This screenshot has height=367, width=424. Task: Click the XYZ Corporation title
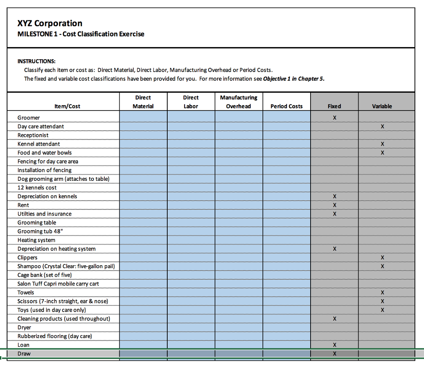coord(50,24)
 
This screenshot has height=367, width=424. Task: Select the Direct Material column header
coord(143,102)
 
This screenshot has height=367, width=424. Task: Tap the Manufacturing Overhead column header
coord(238,102)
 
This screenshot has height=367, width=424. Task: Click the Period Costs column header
coord(287,106)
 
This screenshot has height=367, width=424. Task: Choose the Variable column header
coord(382,106)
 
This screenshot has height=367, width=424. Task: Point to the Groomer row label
coord(29,118)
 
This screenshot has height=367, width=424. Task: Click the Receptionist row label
coord(33,135)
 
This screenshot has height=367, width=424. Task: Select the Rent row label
coord(23,205)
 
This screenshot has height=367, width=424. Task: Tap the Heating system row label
coord(36,240)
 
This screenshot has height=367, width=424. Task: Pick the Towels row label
coord(26,293)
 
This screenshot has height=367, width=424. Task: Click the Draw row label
coord(24,354)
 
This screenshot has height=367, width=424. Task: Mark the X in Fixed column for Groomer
coord(334,118)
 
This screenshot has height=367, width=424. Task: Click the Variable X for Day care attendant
coord(382,127)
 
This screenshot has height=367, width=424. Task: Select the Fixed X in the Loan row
coord(334,345)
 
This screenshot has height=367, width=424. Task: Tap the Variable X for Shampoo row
coord(382,266)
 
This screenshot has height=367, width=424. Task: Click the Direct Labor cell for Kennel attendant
coord(191,144)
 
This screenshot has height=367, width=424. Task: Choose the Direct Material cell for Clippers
coord(143,257)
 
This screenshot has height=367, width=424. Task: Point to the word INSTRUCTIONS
coord(36,61)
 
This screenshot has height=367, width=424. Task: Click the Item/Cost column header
coord(67,106)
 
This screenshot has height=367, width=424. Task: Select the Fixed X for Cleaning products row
coord(334,319)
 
